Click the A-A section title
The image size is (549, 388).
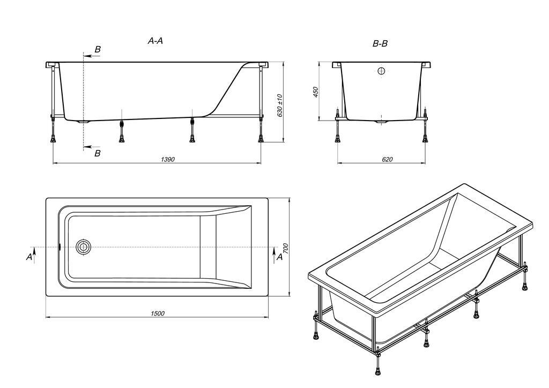click(155, 41)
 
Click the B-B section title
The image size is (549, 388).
click(380, 44)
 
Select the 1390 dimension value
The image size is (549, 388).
click(168, 159)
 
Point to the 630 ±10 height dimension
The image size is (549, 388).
click(279, 106)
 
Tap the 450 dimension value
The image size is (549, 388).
click(315, 92)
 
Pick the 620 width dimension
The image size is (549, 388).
click(387, 159)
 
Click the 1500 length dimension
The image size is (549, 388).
click(158, 314)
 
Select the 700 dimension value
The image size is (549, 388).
click(285, 248)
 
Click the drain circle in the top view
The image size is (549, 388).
click(84, 247)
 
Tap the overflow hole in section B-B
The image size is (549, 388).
click(382, 71)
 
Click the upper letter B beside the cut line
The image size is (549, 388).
click(98, 49)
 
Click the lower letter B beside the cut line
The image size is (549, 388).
click(98, 153)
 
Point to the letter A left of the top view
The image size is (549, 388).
click(29, 257)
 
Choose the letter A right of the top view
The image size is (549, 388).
click(279, 257)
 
